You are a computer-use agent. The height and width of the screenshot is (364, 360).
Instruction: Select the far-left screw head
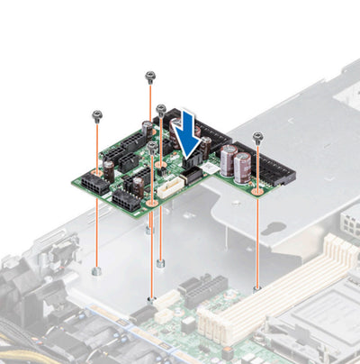click(96, 114)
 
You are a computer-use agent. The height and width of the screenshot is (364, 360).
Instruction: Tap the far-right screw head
click(258, 136)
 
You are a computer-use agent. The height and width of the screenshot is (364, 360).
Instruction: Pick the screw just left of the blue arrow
click(161, 109)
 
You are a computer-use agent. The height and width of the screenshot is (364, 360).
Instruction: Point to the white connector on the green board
click(172, 187)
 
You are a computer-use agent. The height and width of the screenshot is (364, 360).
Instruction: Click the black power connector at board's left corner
click(93, 184)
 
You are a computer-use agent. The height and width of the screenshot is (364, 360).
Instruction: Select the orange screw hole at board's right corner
click(257, 190)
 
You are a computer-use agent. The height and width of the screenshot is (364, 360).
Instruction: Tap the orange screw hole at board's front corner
click(152, 205)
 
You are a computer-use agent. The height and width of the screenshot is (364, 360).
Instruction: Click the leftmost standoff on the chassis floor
click(97, 269)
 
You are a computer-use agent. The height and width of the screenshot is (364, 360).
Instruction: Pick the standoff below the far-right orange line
click(257, 287)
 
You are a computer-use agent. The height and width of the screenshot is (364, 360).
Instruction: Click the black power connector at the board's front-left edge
click(126, 202)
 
